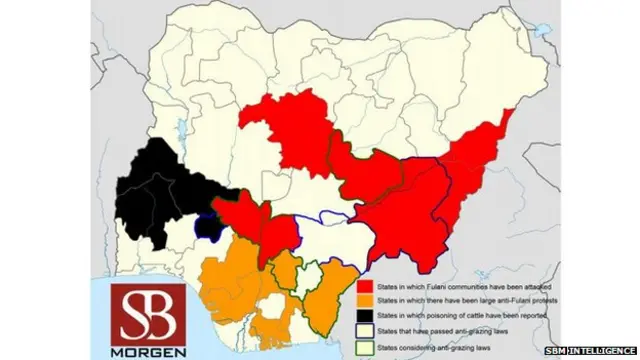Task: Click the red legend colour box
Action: [x=366, y=286]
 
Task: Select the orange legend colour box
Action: [x=366, y=300]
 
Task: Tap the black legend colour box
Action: [x=366, y=315]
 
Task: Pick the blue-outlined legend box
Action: [x=366, y=330]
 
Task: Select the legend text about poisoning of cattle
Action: [x=460, y=315]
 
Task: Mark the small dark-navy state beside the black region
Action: [x=208, y=226]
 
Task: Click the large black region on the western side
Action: [x=160, y=190]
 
